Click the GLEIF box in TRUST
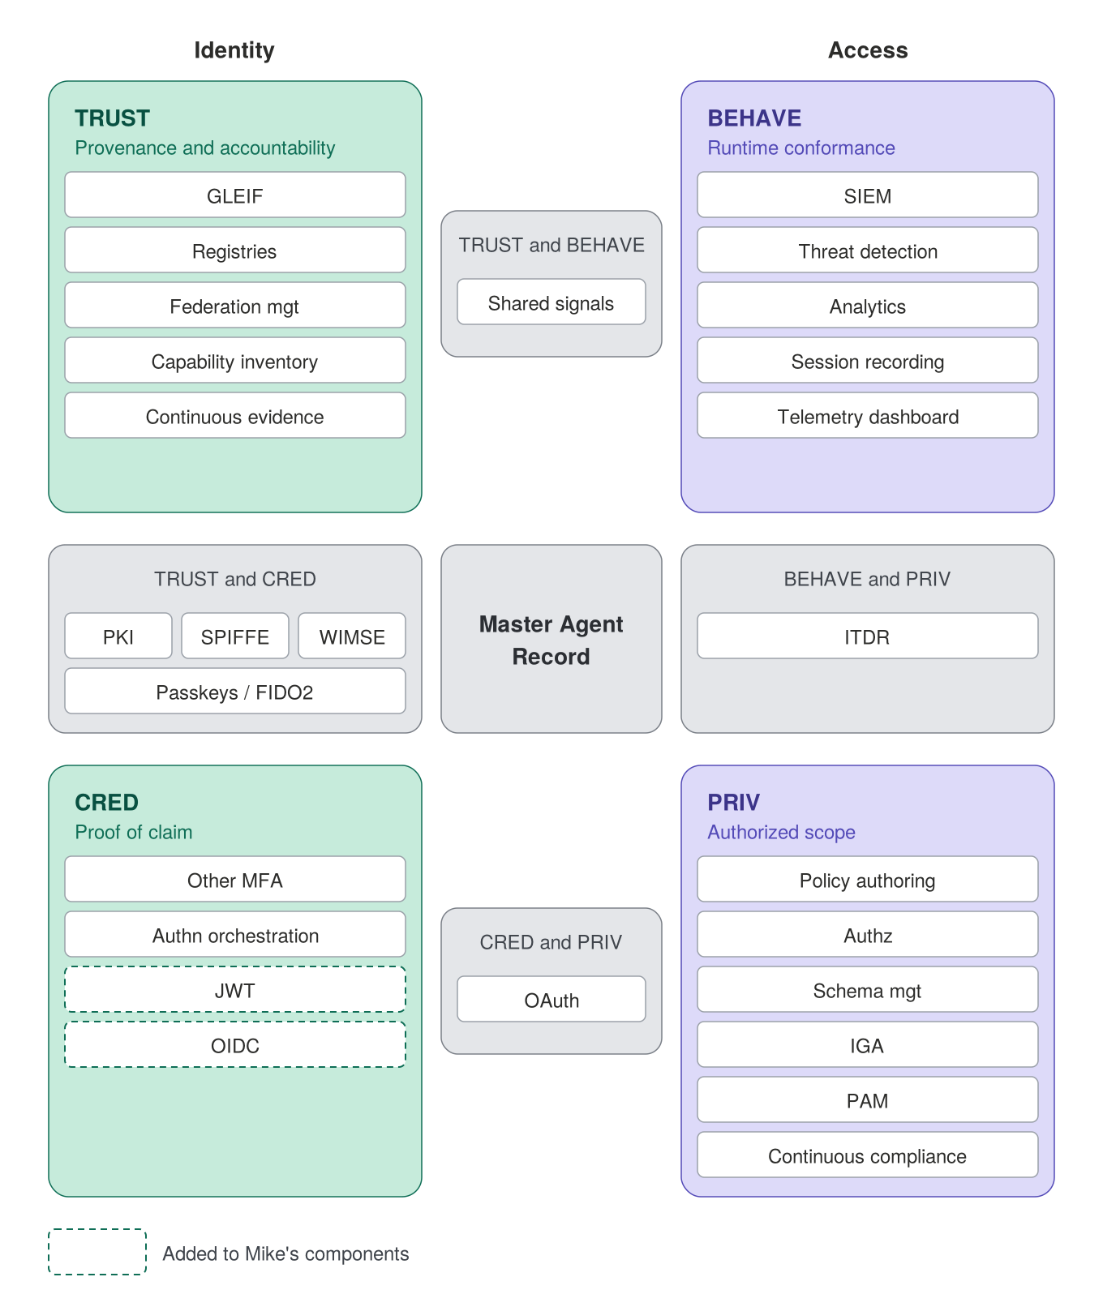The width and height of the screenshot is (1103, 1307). [x=235, y=195]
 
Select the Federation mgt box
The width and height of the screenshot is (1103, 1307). [x=235, y=305]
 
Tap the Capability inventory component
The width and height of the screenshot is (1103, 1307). [x=235, y=360]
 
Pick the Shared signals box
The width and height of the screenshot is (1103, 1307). [x=551, y=302]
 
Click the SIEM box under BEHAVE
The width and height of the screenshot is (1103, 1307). [x=868, y=195]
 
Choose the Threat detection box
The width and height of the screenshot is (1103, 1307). [x=868, y=250]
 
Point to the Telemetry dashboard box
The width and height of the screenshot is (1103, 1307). [x=868, y=415]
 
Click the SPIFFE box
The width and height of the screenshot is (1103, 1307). [x=235, y=636]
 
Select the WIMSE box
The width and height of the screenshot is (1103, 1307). [x=352, y=636]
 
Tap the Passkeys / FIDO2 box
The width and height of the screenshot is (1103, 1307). [x=235, y=691]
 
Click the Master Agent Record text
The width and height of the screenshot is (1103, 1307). [x=551, y=640]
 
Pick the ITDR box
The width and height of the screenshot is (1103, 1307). [x=868, y=636]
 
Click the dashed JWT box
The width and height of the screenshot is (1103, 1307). [x=235, y=989]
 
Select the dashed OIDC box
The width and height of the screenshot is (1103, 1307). [x=235, y=1044]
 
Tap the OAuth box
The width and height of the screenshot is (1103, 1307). [x=551, y=999]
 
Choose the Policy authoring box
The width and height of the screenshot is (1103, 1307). [x=868, y=879]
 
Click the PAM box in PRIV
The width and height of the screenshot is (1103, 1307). [x=868, y=1099]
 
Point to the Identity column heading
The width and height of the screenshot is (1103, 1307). [x=234, y=50]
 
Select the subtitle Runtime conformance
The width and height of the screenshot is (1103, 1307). [x=801, y=148]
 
